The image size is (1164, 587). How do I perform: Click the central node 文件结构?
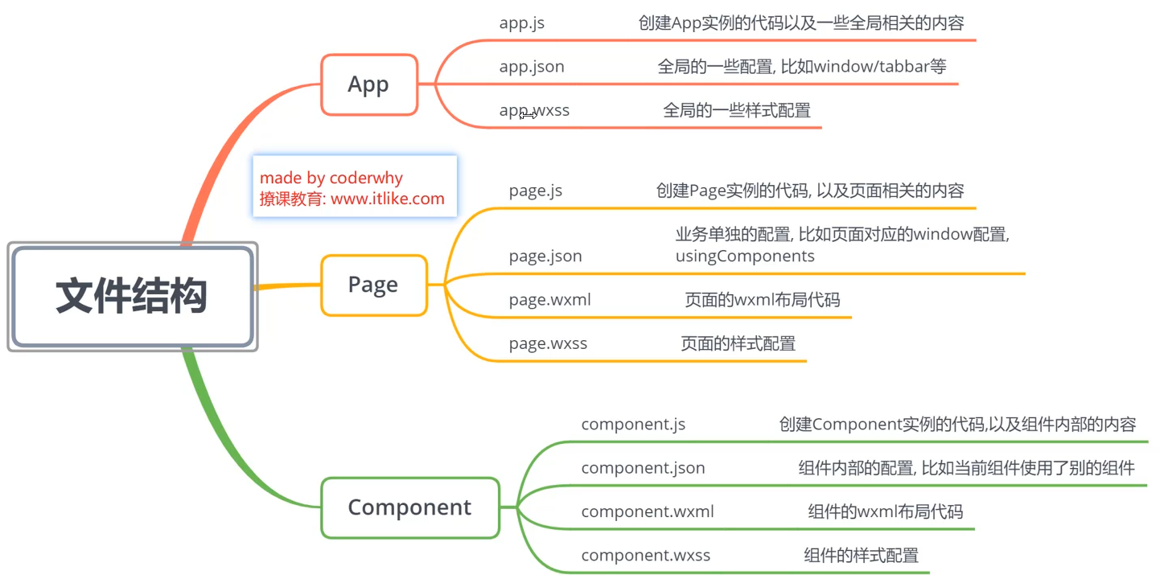(x=132, y=296)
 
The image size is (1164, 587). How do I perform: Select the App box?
(x=369, y=84)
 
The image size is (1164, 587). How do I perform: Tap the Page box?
(x=373, y=285)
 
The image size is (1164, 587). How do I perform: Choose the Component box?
(x=409, y=507)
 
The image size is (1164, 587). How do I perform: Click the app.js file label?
(x=521, y=23)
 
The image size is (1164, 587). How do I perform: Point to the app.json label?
(x=532, y=67)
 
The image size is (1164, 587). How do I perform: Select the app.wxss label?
(x=534, y=110)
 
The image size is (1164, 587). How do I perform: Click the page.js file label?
(x=536, y=191)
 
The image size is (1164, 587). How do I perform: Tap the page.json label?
(x=545, y=257)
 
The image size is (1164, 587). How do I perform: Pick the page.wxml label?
(x=550, y=300)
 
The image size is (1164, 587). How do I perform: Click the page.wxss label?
(x=549, y=343)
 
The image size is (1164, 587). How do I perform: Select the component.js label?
(x=633, y=424)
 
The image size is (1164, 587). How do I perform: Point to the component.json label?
(x=643, y=468)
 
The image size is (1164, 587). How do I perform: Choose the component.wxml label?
(x=648, y=511)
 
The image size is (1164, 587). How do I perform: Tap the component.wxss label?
(x=646, y=555)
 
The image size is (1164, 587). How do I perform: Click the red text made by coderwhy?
(x=331, y=178)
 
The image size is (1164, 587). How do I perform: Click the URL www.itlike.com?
(x=388, y=199)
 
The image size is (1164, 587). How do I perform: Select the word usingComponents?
(x=745, y=257)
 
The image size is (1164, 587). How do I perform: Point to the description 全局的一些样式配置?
(x=737, y=110)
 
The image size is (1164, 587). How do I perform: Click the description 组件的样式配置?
(x=861, y=555)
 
